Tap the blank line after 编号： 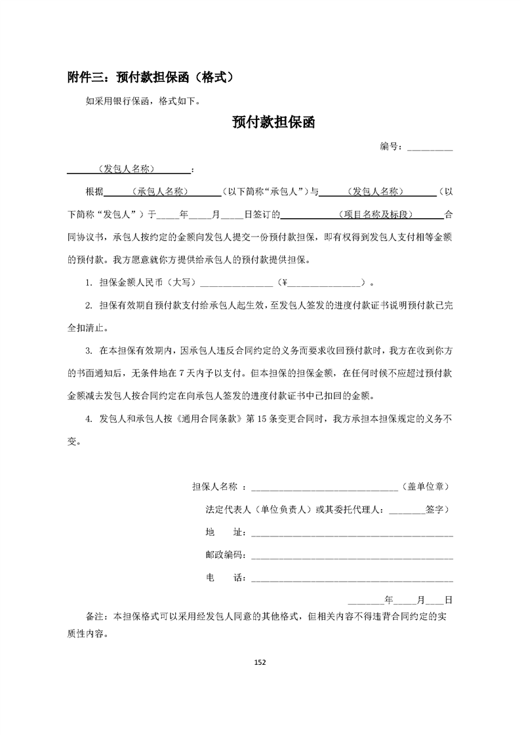[430, 147]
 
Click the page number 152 [260, 662]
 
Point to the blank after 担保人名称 [324, 487]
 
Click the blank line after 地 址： [352, 533]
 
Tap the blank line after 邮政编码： [352, 556]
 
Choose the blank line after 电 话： [352, 578]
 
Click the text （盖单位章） [424, 487]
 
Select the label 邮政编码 [225, 556]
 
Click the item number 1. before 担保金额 [88, 283]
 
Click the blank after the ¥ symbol [325, 283]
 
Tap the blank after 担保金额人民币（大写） [235, 283]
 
